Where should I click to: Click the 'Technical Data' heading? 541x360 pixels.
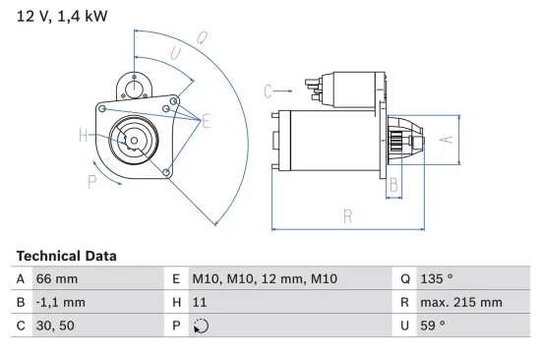pos(66,256)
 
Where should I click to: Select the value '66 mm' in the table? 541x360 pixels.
pos(58,279)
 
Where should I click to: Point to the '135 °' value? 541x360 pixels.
pos(440,279)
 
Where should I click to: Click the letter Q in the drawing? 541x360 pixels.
pos(201,39)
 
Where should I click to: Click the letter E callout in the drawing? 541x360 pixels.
pos(207,121)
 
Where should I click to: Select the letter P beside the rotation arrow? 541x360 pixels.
pos(90,181)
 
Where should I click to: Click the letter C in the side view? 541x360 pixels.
pos(268,91)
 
